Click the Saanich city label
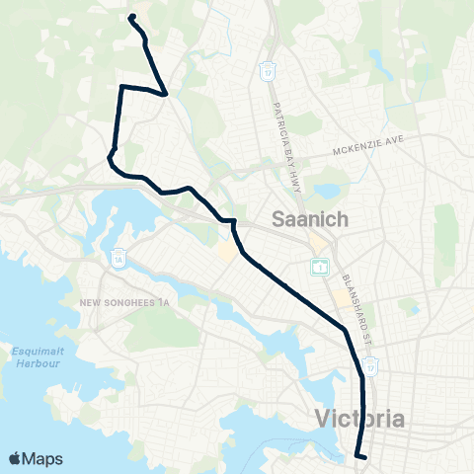point(309,220)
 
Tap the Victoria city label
point(360,419)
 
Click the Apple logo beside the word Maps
point(16,458)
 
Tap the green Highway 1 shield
point(320,267)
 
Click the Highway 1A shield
point(118,254)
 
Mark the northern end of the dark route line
point(131,16)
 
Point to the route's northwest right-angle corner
point(121,87)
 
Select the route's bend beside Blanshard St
point(345,329)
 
